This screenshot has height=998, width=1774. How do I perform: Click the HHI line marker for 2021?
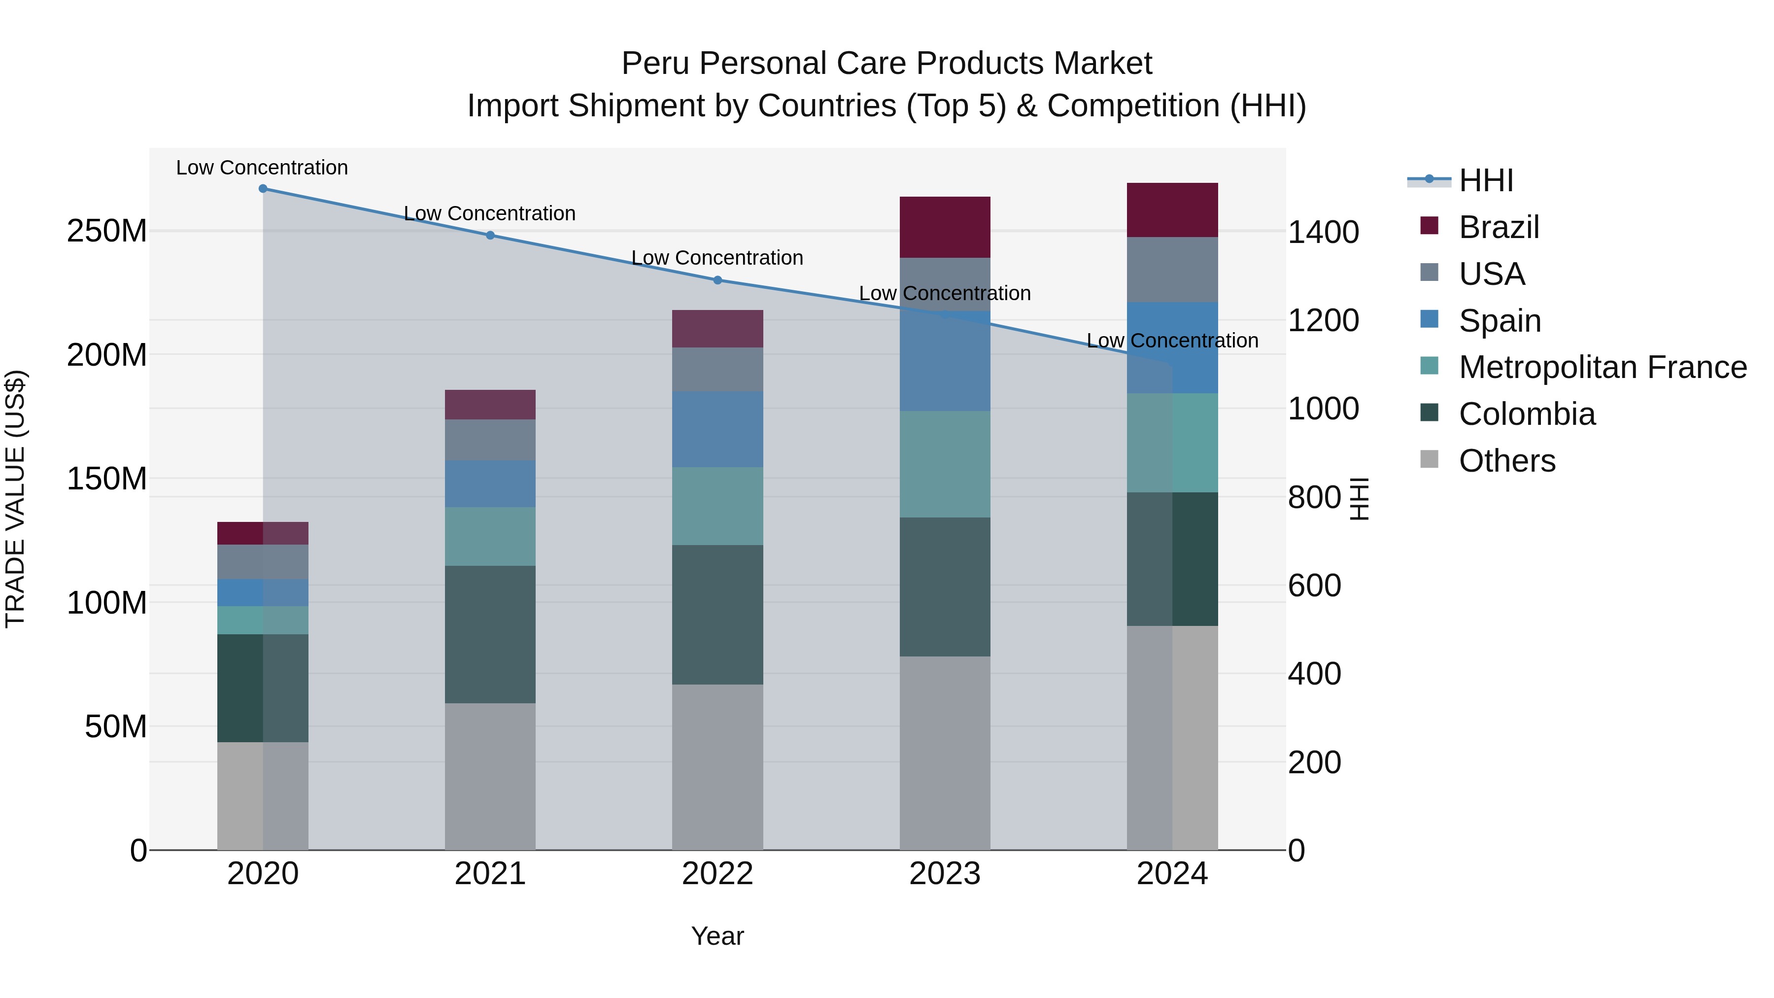pos(490,236)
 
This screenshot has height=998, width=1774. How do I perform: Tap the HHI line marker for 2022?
pos(717,280)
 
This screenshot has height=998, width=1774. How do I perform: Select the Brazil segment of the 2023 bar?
pos(945,227)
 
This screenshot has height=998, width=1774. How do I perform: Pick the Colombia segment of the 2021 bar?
pos(490,634)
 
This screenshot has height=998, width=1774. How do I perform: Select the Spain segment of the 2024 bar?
pos(1172,348)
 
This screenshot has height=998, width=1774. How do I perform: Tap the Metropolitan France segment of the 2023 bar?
pos(945,464)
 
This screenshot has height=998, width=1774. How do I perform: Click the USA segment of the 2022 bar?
pos(717,370)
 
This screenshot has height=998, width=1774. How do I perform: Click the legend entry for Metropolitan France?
pos(1603,367)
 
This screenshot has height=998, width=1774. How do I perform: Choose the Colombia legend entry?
pos(1526,414)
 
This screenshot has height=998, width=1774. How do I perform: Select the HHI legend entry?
pos(1485,180)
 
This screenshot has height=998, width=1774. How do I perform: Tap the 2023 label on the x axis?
pos(945,874)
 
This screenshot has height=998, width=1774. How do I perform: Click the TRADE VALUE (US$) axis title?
pos(15,499)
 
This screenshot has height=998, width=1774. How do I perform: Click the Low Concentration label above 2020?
pos(262,168)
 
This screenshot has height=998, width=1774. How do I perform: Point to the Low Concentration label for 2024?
pos(1172,341)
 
